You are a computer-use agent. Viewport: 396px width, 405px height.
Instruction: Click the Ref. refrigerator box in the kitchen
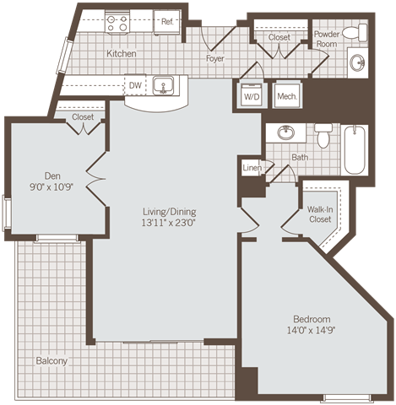pyautogui.click(x=166, y=23)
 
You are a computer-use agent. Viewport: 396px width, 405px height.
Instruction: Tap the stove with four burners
pyautogui.click(x=117, y=23)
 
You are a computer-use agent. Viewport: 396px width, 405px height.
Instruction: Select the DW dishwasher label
pyautogui.click(x=134, y=84)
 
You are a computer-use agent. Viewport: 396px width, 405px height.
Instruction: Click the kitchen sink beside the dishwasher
pyautogui.click(x=163, y=85)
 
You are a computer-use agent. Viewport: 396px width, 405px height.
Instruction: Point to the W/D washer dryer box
pyautogui.click(x=252, y=96)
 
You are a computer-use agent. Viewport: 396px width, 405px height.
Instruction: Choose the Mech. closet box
pyautogui.click(x=287, y=96)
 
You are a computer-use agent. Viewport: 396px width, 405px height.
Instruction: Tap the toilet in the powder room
pyautogui.click(x=360, y=33)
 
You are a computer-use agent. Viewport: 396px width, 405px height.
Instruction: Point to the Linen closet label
pyautogui.click(x=252, y=169)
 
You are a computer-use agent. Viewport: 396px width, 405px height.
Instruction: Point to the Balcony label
pyautogui.click(x=52, y=361)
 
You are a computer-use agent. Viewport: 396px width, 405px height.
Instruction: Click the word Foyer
pyautogui.click(x=215, y=59)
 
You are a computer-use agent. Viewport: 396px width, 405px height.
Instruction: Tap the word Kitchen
pyautogui.click(x=122, y=54)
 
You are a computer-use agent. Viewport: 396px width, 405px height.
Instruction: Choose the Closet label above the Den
pyautogui.click(x=83, y=117)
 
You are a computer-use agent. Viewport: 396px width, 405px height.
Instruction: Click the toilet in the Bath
pyautogui.click(x=323, y=135)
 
